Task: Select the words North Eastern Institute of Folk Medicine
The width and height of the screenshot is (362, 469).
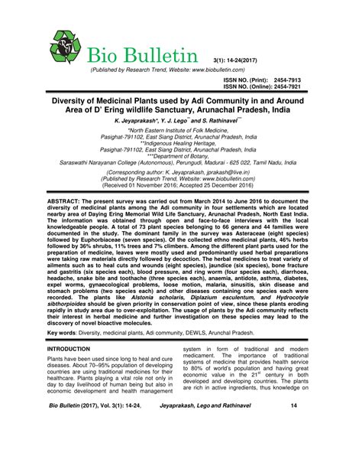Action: [x=182, y=130]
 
